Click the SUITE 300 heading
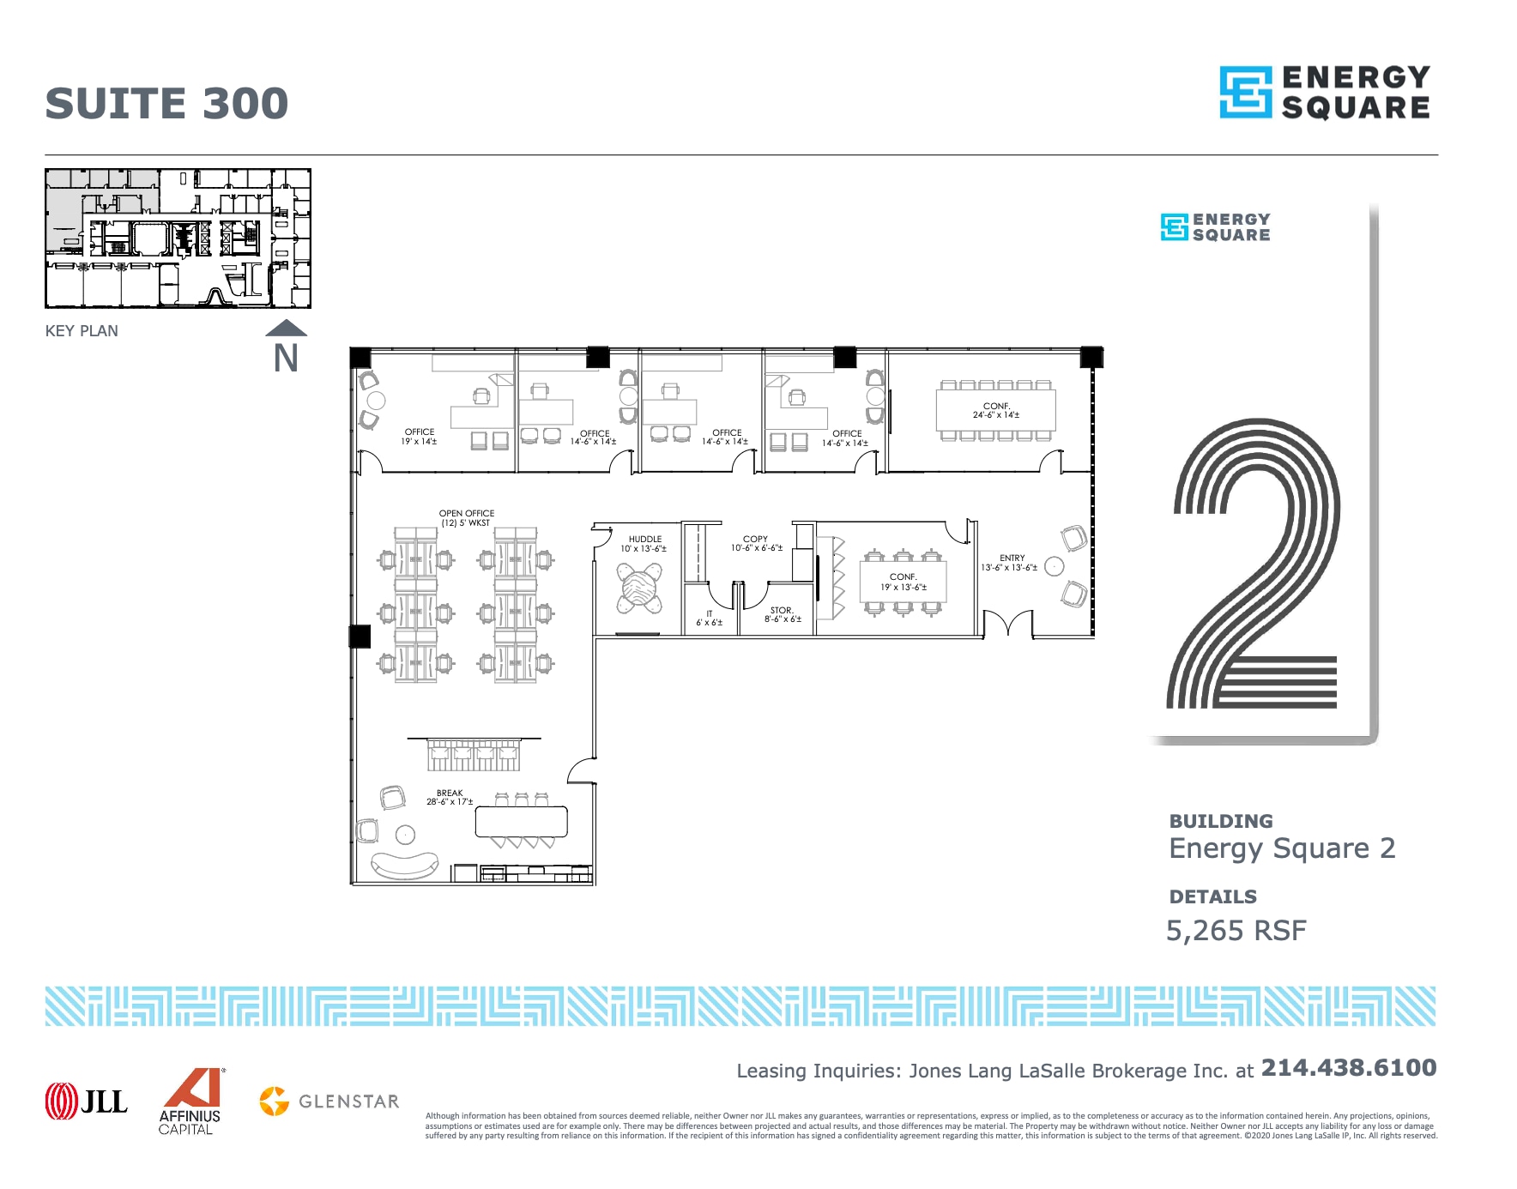click(166, 104)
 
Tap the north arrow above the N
click(286, 328)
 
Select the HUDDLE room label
click(644, 544)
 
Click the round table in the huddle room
click(640, 588)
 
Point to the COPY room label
click(756, 543)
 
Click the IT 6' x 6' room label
click(709, 619)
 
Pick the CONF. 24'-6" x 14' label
click(995, 410)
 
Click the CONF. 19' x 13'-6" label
click(903, 582)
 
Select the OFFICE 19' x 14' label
click(419, 437)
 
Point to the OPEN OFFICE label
click(466, 518)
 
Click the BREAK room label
click(450, 798)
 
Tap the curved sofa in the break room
click(404, 866)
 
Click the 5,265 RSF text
click(1236, 931)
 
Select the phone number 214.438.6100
click(1348, 1068)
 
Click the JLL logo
click(86, 1101)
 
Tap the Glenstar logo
click(329, 1101)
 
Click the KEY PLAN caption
click(82, 331)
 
